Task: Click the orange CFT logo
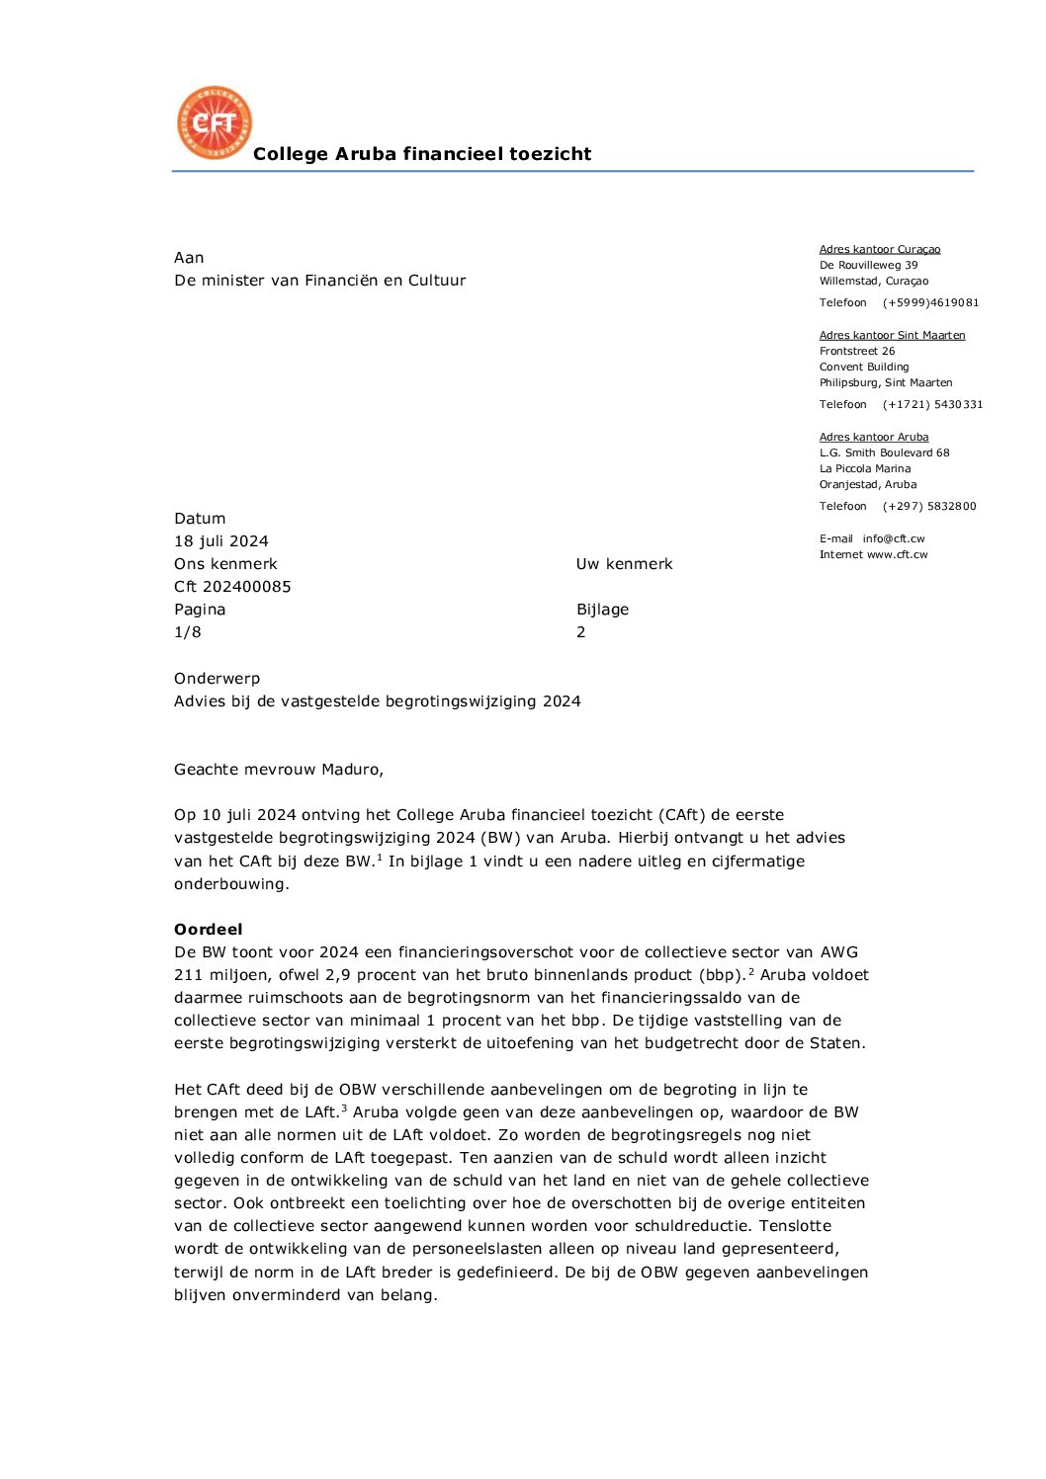[x=214, y=123]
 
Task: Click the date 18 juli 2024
[x=221, y=541]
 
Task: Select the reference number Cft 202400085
[x=232, y=587]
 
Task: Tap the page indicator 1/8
[x=188, y=632]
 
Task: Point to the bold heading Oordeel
[x=208, y=930]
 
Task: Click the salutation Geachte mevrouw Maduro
[x=279, y=770]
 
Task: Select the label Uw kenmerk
[x=624, y=564]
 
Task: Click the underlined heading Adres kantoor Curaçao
[x=880, y=250]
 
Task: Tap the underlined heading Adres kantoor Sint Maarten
[x=892, y=336]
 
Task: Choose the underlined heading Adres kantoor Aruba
[x=874, y=438]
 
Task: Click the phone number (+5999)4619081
[x=930, y=303]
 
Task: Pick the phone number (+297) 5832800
[x=929, y=507]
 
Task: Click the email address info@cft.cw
[x=893, y=539]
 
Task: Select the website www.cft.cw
[x=897, y=555]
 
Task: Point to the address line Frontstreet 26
[x=857, y=352]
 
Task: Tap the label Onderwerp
[x=217, y=679]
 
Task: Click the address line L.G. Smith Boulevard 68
[x=884, y=453]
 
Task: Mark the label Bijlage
[x=602, y=610]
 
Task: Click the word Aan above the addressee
[x=189, y=258]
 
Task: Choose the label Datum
[x=200, y=519]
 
